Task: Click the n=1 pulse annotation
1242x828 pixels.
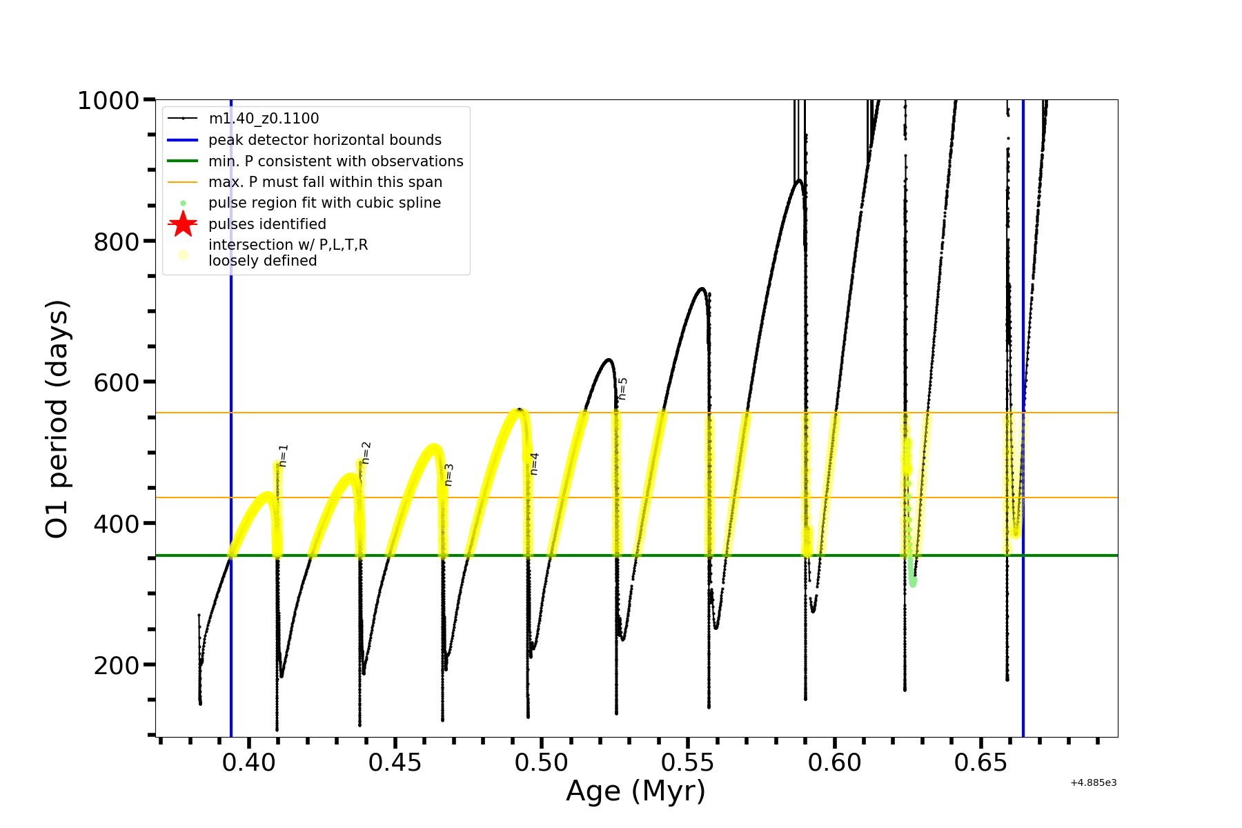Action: (x=284, y=455)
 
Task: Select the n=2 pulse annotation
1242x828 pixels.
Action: (x=366, y=453)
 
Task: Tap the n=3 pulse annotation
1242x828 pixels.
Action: (x=449, y=475)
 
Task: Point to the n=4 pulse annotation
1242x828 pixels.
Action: (x=534, y=464)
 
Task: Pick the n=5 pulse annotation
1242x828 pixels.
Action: (x=623, y=388)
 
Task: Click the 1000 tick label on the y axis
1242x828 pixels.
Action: (x=108, y=101)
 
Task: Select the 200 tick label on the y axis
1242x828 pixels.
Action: (x=116, y=666)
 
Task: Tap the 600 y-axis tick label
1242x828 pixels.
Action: (x=116, y=383)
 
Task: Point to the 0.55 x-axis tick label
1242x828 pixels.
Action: (x=688, y=762)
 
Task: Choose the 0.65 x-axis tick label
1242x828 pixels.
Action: (x=980, y=762)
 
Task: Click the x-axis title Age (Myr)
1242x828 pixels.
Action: (x=635, y=791)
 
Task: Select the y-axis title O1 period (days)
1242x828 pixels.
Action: (x=57, y=419)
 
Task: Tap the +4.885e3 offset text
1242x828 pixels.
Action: (x=1093, y=783)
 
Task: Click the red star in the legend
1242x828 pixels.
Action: (x=183, y=224)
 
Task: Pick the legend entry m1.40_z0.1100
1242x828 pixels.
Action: (x=264, y=119)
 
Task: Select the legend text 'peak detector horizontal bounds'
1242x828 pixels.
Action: (x=325, y=140)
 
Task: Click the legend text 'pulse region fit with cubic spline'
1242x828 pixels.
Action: (x=324, y=203)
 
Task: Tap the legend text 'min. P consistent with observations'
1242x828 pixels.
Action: (x=336, y=161)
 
